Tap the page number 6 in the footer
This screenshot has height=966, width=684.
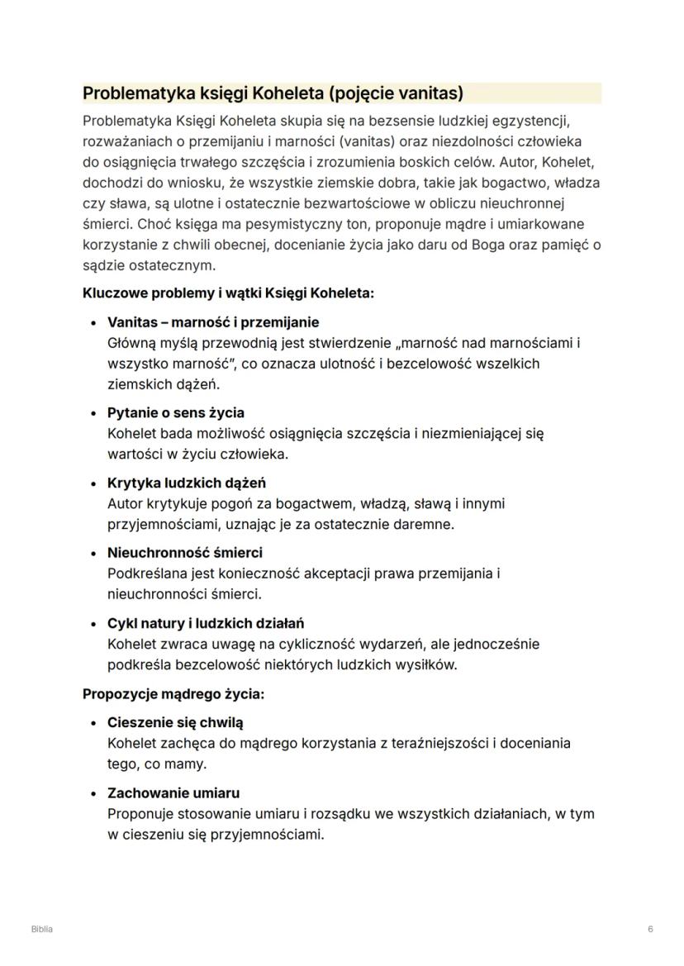(650, 929)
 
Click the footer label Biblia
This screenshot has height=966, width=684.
(42, 929)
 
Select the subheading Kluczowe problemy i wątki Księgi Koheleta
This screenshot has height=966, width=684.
(228, 293)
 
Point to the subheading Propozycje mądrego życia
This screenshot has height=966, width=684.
(173, 693)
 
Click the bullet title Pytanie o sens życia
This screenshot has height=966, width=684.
(176, 412)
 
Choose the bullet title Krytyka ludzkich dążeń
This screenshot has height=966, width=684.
(187, 483)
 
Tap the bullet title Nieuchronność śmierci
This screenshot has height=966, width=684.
(185, 552)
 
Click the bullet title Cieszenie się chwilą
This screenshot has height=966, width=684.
(175, 722)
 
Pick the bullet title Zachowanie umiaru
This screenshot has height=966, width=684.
(173, 792)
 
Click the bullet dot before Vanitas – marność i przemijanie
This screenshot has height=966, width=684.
(95, 322)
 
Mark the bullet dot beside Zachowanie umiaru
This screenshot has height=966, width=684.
(95, 793)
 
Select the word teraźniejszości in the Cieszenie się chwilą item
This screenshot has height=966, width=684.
(444, 743)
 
